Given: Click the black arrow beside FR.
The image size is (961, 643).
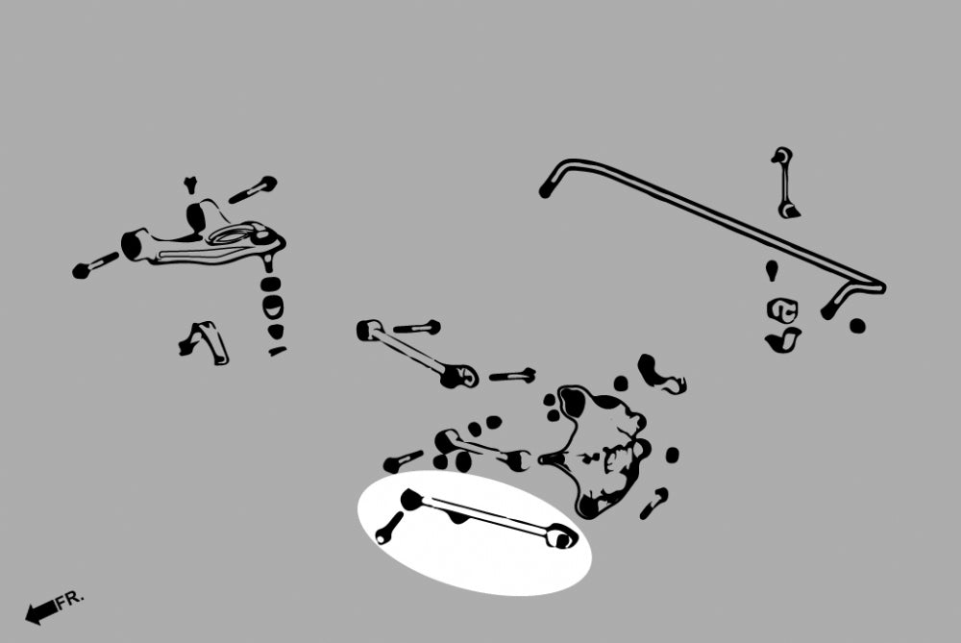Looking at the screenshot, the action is pos(41,611).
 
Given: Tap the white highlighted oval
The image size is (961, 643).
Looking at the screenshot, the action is pos(475,532).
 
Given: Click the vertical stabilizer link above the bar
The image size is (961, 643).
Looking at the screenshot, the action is pos(784,183).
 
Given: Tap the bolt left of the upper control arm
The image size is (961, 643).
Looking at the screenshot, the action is pos(94,264).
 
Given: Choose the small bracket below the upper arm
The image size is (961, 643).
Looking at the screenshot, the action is pos(204,342).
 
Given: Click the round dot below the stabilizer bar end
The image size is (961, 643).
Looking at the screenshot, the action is pos(857,326).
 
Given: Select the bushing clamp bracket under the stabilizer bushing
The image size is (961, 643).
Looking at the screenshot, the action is pos(782,340).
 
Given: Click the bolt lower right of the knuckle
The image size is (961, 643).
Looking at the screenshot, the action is pos(654,504).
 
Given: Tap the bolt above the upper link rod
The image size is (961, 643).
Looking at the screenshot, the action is pos(417,328).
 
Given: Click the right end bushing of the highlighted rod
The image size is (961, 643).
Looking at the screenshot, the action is pos(562,536).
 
